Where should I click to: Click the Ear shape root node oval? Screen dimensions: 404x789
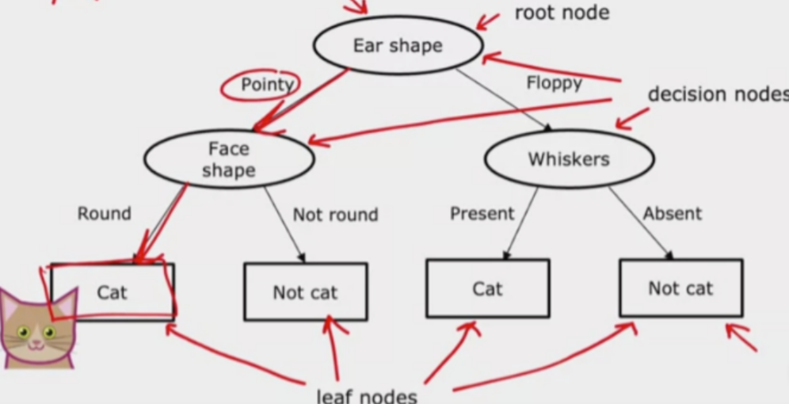[398, 45]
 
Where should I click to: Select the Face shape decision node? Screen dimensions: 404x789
[229, 159]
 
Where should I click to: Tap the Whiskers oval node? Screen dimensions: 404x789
[569, 159]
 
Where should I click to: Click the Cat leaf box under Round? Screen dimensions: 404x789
[112, 292]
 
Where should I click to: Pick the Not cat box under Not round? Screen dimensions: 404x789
[305, 292]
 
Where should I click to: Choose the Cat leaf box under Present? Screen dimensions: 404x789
[487, 288]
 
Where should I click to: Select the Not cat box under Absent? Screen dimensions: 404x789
[680, 288]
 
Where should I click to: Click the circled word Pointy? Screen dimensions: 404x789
[267, 85]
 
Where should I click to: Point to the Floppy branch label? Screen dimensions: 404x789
[554, 82]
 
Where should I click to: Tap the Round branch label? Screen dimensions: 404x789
[104, 214]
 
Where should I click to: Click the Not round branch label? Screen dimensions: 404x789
[335, 215]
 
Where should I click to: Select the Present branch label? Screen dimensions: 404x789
[482, 214]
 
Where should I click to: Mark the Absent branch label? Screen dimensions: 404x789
[672, 214]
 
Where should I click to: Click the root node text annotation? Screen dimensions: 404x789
[562, 13]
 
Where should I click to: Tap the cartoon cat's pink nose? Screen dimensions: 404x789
[34, 342]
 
